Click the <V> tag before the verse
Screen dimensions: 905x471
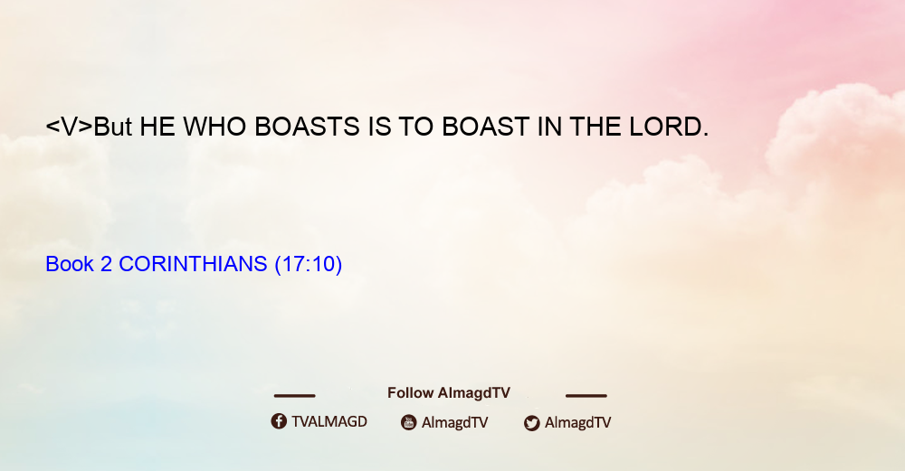pyautogui.click(x=70, y=127)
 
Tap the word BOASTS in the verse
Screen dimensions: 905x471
pyautogui.click(x=307, y=127)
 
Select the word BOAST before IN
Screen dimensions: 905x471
pyautogui.click(x=485, y=127)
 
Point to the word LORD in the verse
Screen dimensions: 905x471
pyautogui.click(x=669, y=127)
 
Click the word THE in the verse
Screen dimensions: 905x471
pyautogui.click(x=596, y=127)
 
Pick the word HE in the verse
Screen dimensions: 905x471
pyautogui.click(x=157, y=127)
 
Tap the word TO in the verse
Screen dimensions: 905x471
pyautogui.click(x=415, y=127)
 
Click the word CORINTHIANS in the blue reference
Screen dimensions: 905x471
pyautogui.click(x=193, y=264)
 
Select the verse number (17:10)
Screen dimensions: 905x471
pyautogui.click(x=309, y=264)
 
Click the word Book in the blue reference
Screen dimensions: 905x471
pyautogui.click(x=70, y=264)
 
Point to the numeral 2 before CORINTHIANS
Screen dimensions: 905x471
pyautogui.click(x=106, y=264)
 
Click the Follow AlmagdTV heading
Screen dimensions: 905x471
pyautogui.click(x=449, y=393)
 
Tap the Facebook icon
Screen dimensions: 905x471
pyautogui.click(x=279, y=421)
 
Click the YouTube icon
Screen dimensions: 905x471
pyautogui.click(x=409, y=422)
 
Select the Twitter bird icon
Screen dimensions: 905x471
pyautogui.click(x=531, y=423)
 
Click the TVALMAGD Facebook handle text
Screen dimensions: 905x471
pyautogui.click(x=329, y=422)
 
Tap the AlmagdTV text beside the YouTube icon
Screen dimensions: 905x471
pyautogui.click(x=455, y=422)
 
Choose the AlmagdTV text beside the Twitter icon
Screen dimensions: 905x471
pyautogui.click(x=577, y=422)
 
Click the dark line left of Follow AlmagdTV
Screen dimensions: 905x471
pyautogui.click(x=294, y=396)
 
